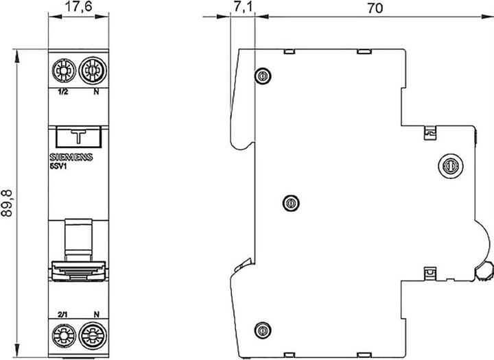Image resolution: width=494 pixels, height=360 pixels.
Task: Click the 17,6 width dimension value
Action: [x=78, y=6]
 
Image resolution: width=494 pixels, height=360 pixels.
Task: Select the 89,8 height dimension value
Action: [x=7, y=203]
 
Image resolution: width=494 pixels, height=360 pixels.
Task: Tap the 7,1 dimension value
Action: [x=242, y=7]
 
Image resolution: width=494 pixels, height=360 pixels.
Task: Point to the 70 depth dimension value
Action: [x=375, y=8]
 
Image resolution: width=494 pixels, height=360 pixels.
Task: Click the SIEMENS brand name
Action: [x=71, y=157]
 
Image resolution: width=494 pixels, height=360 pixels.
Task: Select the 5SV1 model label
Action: [x=58, y=167]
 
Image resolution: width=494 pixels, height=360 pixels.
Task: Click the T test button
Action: [x=78, y=137]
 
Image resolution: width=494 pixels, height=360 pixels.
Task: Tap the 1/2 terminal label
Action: [x=62, y=92]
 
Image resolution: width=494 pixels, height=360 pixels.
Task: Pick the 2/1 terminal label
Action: [x=62, y=314]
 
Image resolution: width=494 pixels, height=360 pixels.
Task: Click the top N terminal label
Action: [x=97, y=92]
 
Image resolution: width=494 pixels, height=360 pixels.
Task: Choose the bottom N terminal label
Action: [x=97, y=314]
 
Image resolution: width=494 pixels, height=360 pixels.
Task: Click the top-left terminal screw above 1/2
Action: [x=64, y=70]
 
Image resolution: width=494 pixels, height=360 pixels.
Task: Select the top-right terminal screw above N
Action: [x=93, y=70]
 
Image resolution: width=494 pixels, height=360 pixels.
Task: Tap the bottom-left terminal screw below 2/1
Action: [x=64, y=336]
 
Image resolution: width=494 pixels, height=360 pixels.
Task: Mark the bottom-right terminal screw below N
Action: [x=93, y=336]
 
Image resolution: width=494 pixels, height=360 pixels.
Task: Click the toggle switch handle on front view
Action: [x=78, y=270]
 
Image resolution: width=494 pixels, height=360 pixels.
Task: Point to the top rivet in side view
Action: [x=263, y=75]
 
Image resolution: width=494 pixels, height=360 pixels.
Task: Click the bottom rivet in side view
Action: [x=263, y=330]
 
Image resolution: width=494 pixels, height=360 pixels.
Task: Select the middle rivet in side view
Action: [x=291, y=203]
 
